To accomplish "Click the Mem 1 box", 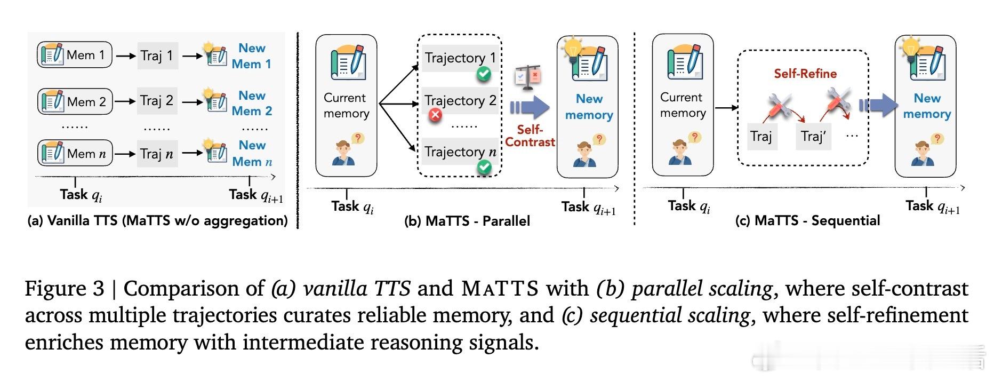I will [x=74, y=55].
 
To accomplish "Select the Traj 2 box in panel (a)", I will [x=157, y=101].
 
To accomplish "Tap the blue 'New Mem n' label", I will [x=252, y=154].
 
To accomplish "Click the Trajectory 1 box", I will [x=460, y=58].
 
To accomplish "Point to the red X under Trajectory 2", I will [x=436, y=115].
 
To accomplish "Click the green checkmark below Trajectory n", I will [x=484, y=168].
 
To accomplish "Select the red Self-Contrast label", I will [x=530, y=136].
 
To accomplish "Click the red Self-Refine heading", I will [x=805, y=74].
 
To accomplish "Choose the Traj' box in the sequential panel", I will [x=813, y=137].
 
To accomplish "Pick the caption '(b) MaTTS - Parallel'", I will [x=467, y=221].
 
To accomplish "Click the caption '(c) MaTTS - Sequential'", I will [x=807, y=220].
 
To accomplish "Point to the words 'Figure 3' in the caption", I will [x=65, y=289].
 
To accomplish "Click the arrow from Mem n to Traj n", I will [x=125, y=154].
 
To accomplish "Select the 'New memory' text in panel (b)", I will [x=589, y=107].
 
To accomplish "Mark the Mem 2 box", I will [x=75, y=101].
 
